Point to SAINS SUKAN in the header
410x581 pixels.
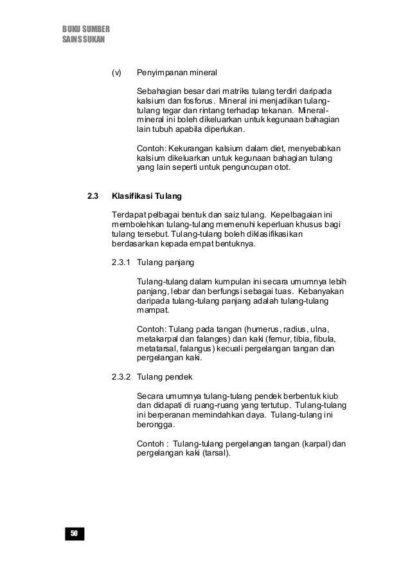pos(83,40)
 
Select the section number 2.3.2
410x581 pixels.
pos(121,375)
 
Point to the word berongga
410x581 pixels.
pos(156,423)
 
